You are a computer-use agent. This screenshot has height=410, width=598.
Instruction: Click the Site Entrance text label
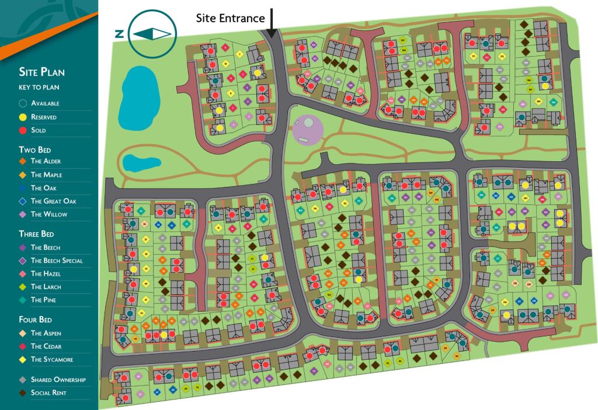(x=230, y=18)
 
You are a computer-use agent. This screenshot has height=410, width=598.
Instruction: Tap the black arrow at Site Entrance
(x=272, y=20)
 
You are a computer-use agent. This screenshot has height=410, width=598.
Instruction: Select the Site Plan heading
(x=41, y=72)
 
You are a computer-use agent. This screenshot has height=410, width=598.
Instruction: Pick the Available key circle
(x=23, y=103)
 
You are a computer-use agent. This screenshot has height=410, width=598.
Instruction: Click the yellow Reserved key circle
(x=23, y=117)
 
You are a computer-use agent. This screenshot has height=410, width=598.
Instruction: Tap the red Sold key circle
(x=23, y=130)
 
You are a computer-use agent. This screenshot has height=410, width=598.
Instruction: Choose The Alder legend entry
(x=46, y=161)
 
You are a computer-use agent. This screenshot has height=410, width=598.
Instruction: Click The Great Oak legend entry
(x=53, y=201)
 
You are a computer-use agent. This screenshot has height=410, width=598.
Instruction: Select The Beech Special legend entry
(x=57, y=260)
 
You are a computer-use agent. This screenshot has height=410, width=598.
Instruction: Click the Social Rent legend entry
(x=48, y=393)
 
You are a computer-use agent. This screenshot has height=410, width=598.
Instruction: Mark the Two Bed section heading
(x=35, y=150)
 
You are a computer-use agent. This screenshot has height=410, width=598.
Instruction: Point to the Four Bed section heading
(x=36, y=320)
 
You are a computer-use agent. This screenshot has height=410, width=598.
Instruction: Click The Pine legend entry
(x=43, y=300)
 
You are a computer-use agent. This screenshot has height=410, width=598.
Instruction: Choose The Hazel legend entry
(x=46, y=274)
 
